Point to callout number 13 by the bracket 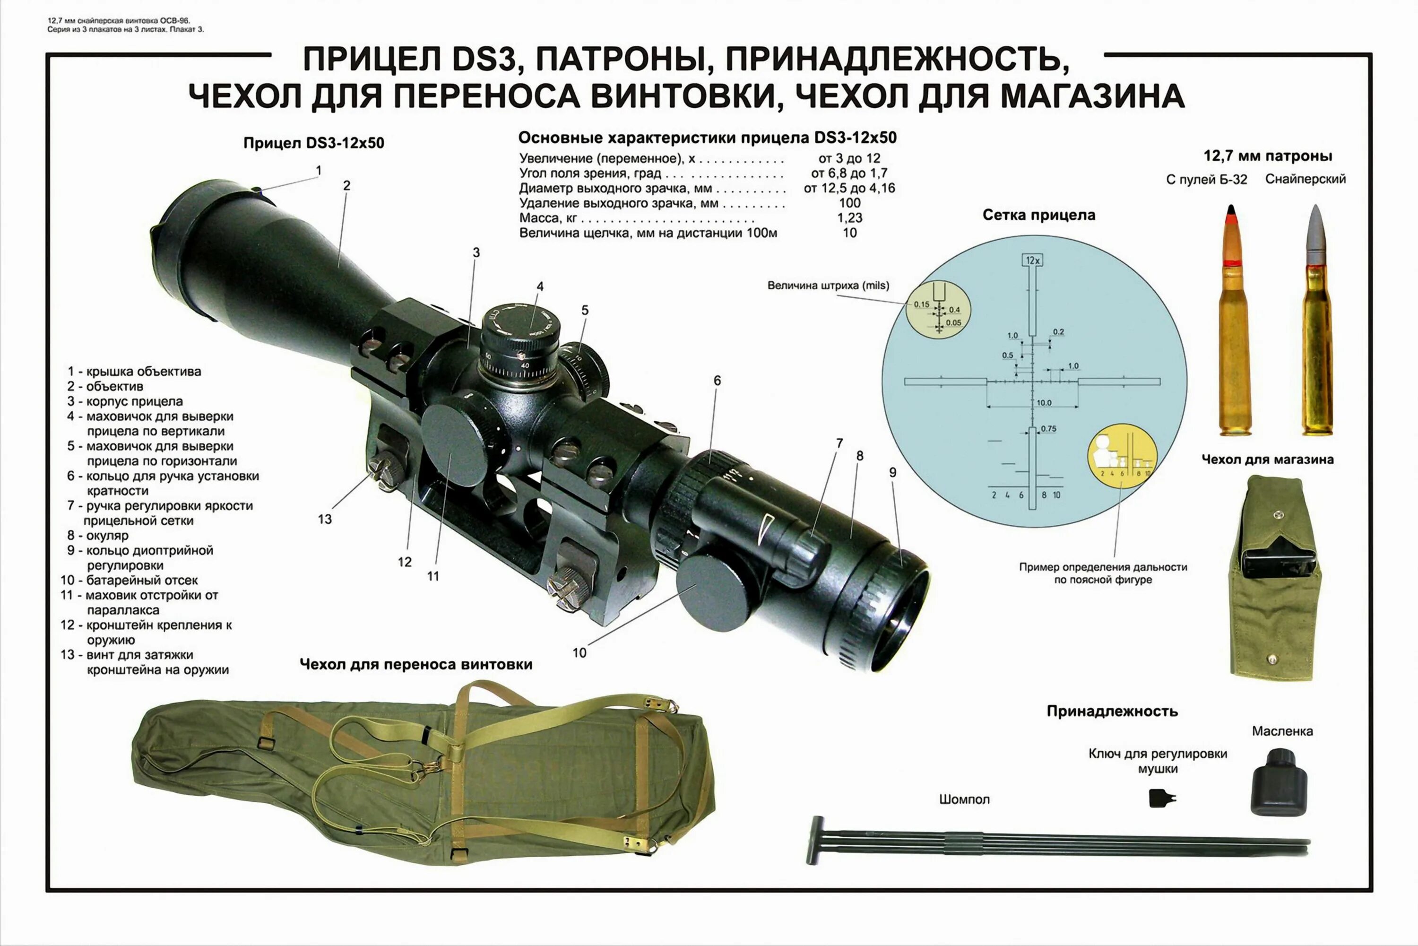[325, 519]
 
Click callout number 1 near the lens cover [319, 171]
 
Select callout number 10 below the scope [579, 653]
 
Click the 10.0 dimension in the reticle [1044, 403]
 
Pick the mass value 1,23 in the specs [849, 218]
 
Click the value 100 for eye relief [849, 203]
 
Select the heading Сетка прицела [1038, 215]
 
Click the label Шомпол [964, 799]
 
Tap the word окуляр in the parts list [107, 535]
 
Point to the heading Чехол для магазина [1267, 459]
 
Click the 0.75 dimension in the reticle [1048, 429]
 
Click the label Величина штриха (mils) [828, 286]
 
